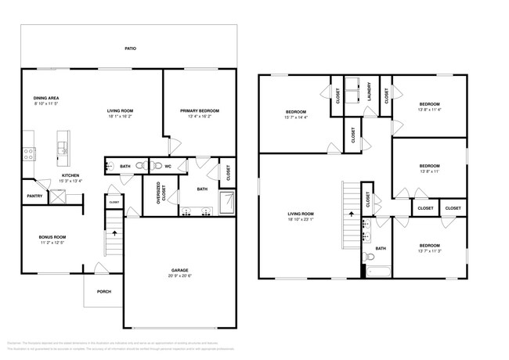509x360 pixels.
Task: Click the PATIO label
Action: point(130,49)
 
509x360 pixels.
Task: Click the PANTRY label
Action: point(34,196)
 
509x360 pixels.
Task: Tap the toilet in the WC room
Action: point(157,166)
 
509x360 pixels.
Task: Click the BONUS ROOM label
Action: point(52,236)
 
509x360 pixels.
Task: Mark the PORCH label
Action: point(103,292)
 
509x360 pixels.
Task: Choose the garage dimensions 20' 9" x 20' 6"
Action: point(179,276)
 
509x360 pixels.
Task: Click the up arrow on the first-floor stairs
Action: point(114,232)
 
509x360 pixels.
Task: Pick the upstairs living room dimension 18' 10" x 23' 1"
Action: point(301,219)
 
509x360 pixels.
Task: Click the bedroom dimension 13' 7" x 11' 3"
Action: point(429,251)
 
